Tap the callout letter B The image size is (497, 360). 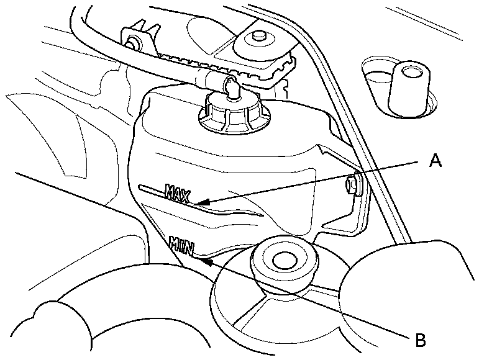point(420,339)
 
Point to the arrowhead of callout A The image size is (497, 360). point(198,203)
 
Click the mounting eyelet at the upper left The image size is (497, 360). point(132,42)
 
